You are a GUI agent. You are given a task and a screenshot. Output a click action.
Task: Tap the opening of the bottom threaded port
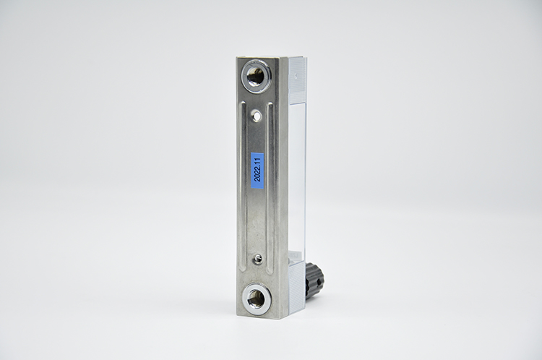pos(256,296)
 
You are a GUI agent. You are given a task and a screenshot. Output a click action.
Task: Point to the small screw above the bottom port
pos(257,257)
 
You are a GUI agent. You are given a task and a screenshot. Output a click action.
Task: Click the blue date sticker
pos(257,169)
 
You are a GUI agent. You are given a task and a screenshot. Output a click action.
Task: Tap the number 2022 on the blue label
pos(257,176)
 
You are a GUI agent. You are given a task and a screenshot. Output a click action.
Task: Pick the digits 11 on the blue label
pos(257,160)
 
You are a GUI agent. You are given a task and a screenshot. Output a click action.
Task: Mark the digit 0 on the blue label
pos(257,177)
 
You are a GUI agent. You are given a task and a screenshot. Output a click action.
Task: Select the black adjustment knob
pos(314,277)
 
